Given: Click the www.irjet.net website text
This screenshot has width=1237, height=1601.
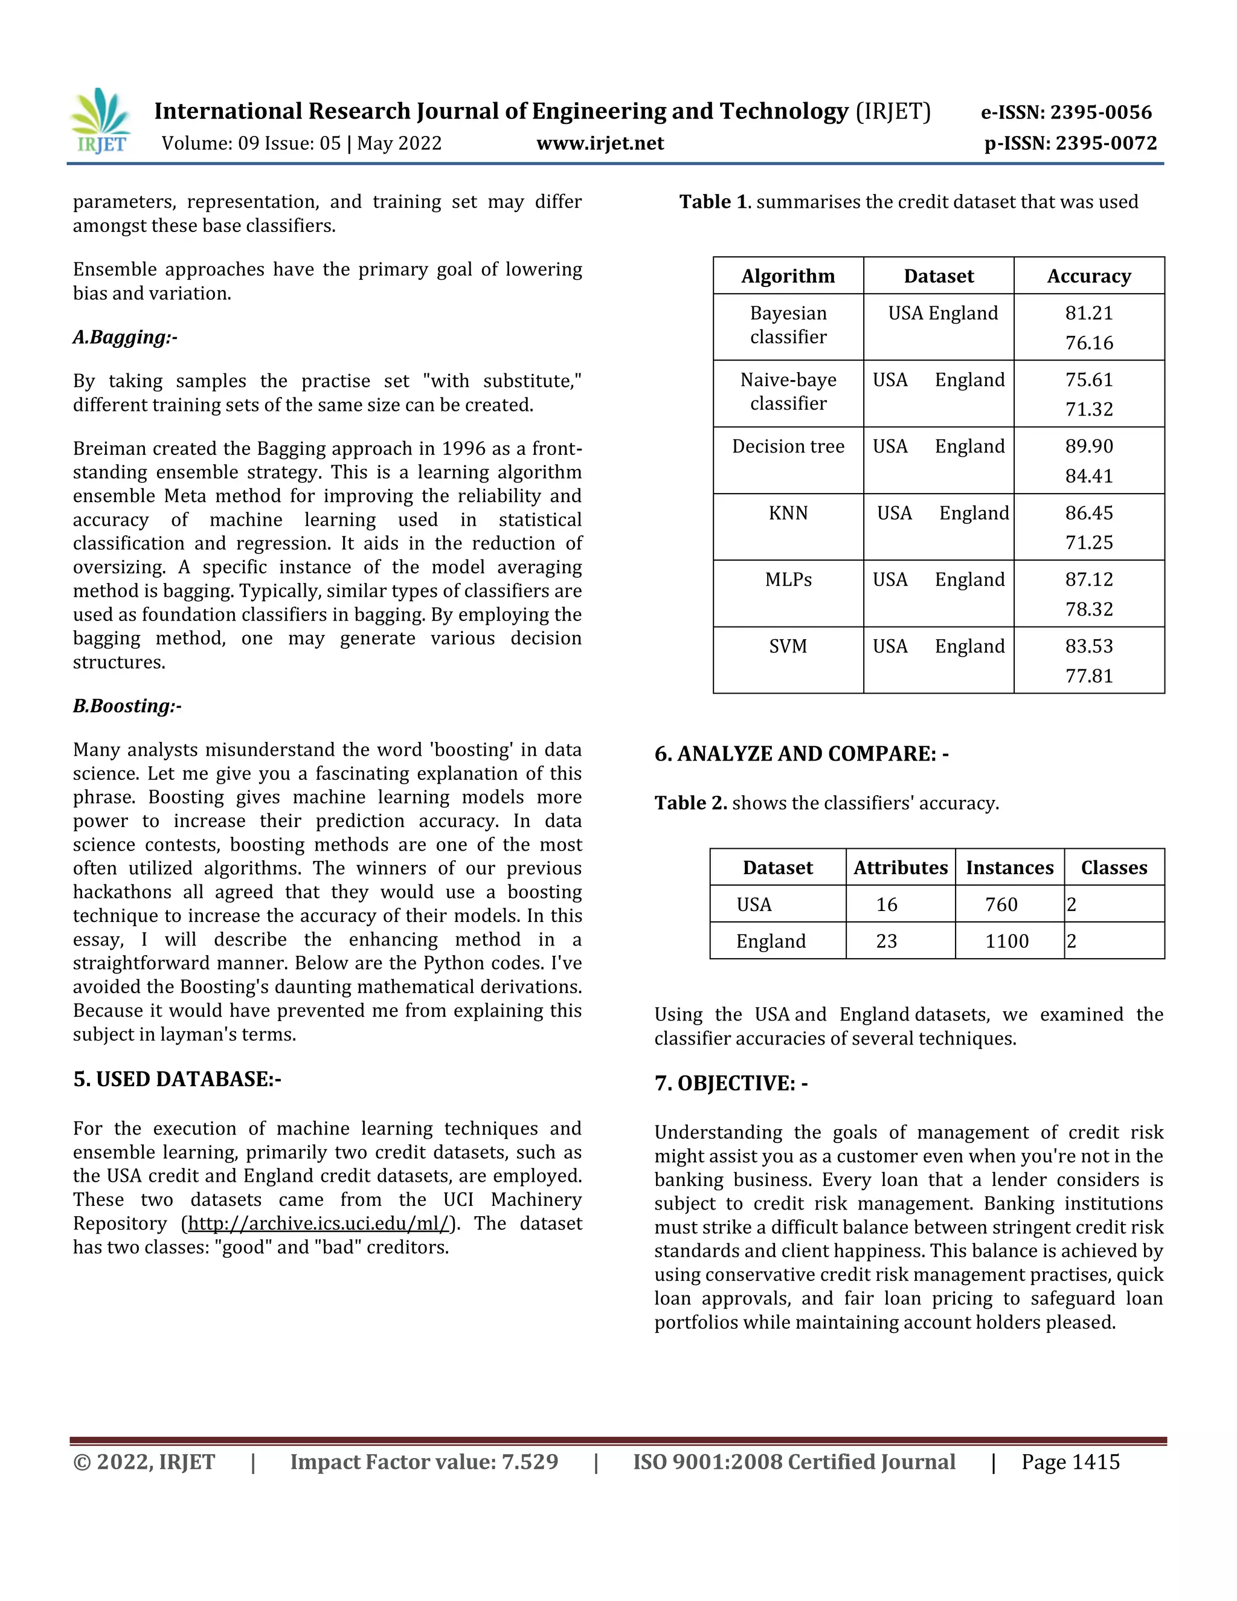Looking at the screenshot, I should click(599, 143).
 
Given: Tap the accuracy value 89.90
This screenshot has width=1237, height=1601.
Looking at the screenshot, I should click(1088, 446).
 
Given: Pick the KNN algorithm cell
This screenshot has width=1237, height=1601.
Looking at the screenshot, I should click(788, 513).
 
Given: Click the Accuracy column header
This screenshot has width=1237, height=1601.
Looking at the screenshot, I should click(1088, 276).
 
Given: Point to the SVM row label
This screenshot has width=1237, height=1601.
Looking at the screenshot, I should click(788, 646).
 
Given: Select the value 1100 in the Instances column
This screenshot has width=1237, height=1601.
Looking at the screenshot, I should click(1006, 941).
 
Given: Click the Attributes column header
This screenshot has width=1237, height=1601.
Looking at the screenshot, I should click(900, 868).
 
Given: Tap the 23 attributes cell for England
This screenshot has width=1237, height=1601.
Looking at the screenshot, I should click(886, 941).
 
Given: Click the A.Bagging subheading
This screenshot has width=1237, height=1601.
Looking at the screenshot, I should click(124, 337).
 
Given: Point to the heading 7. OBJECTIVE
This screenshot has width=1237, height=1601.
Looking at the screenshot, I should click(731, 1083).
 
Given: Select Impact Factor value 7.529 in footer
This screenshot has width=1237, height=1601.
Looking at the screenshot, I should click(423, 1463).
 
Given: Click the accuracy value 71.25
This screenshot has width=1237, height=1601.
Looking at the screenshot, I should click(1088, 543).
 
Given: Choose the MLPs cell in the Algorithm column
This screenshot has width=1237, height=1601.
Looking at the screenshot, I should click(788, 580).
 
